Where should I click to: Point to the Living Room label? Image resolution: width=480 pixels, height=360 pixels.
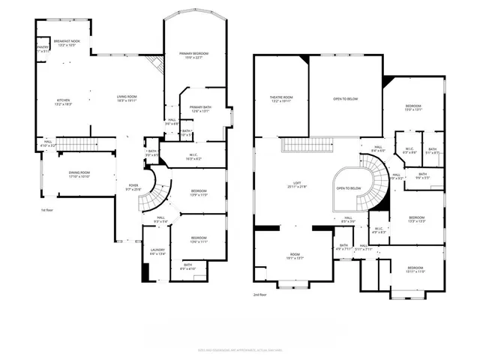coord(126,97)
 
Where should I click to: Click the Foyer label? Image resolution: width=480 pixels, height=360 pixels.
coord(133,187)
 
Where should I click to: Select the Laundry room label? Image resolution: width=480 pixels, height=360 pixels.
coord(157,252)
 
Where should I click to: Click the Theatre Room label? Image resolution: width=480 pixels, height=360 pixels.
coord(281,99)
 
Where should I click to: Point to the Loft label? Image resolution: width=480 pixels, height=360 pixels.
coord(296,185)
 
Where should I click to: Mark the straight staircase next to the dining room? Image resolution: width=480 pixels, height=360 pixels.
coord(76,143)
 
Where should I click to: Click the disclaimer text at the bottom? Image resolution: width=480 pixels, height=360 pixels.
coord(239,349)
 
